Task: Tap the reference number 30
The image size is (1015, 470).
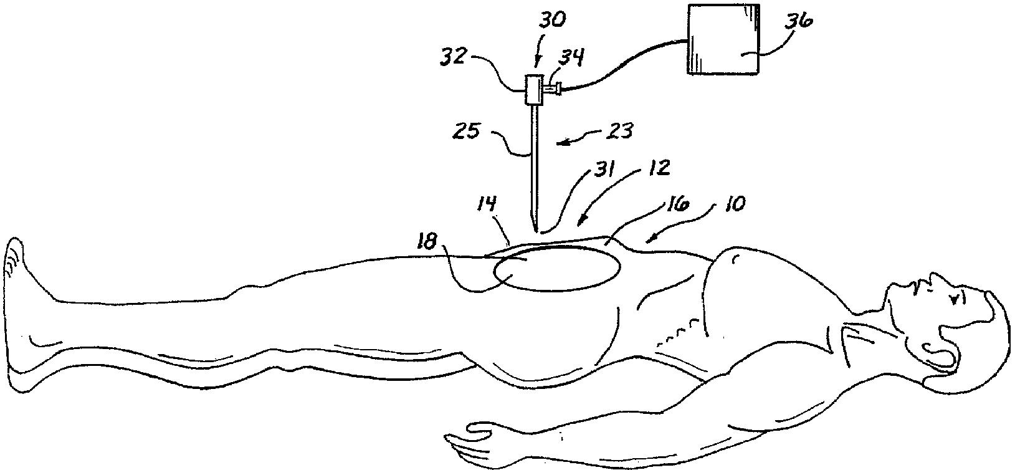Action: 548,20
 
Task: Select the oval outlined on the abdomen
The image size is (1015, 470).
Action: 557,267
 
